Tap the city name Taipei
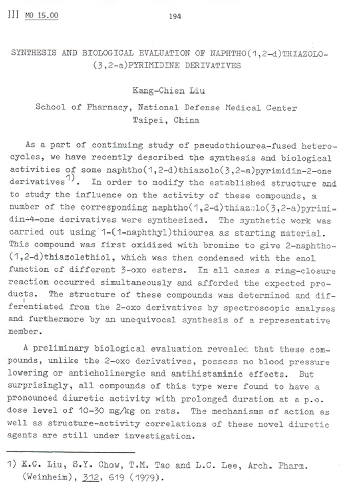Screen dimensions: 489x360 (148, 121)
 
